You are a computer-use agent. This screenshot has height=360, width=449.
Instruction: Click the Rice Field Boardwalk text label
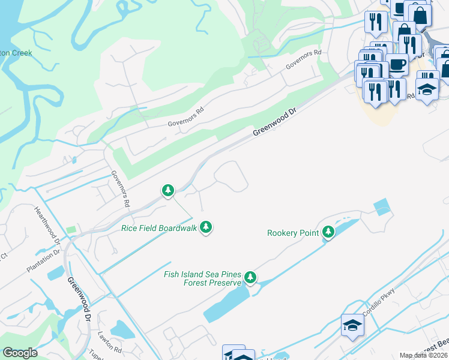click(159, 228)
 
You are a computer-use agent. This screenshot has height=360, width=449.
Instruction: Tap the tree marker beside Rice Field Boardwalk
click(206, 227)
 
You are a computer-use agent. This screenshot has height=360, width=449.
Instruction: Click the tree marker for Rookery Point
click(328, 232)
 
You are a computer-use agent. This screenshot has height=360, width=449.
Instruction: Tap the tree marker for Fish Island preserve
click(250, 278)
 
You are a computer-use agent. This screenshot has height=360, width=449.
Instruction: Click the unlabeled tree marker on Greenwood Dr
click(168, 191)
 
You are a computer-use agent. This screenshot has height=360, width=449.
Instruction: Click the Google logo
click(20, 353)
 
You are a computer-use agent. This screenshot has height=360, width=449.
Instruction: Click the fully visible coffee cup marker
click(397, 64)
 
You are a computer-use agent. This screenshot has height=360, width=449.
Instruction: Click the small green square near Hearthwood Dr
click(71, 230)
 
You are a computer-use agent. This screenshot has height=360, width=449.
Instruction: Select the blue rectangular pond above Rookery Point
click(381, 207)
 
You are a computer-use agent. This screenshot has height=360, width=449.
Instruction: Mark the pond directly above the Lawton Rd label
click(120, 329)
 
